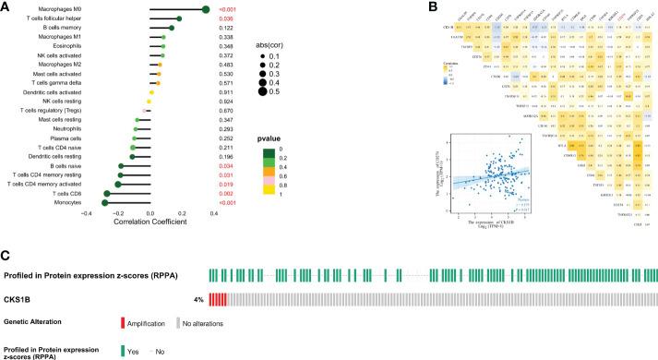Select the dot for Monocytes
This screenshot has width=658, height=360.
[x=105, y=202]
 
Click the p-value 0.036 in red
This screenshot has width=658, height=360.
[x=247, y=18]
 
